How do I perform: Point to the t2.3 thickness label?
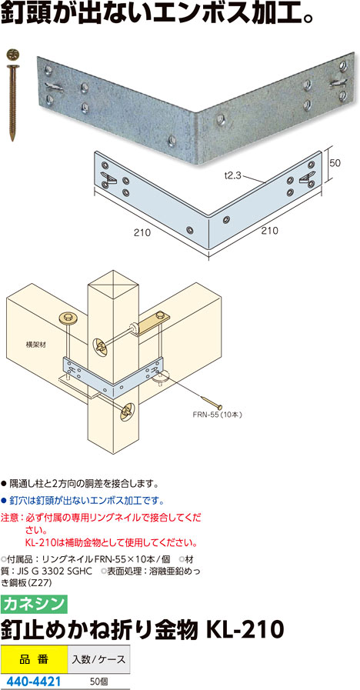pyautogui.click(x=232, y=175)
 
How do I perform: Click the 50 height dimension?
pyautogui.click(x=336, y=162)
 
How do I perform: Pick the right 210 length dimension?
pyautogui.click(x=271, y=231)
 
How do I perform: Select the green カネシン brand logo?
pyautogui.click(x=34, y=604)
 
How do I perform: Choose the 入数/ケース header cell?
pyautogui.click(x=98, y=659)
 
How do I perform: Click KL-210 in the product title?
pyautogui.click(x=243, y=630)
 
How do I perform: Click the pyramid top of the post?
pyautogui.click(x=113, y=282)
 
